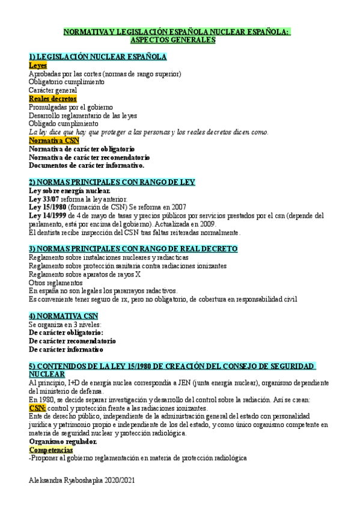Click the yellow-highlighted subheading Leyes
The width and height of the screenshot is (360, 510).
click(38, 65)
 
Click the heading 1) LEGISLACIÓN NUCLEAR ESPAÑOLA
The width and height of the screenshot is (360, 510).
click(97, 57)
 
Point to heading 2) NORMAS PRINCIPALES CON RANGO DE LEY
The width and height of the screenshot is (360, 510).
click(112, 182)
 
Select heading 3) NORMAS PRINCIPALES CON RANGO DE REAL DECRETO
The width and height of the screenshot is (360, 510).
click(133, 248)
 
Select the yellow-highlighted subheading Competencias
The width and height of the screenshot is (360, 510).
click(50, 449)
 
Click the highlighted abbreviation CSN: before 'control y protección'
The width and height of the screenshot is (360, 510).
click(37, 407)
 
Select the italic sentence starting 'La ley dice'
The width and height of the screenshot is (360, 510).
click(148, 132)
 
